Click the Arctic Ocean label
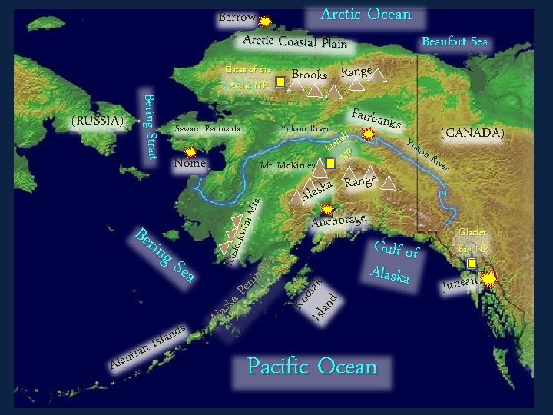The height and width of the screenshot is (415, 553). coord(366,15)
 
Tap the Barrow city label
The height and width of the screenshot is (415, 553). coord(237,17)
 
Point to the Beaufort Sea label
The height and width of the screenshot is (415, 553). coord(455,41)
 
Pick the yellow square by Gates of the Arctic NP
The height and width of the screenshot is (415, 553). coord(281,81)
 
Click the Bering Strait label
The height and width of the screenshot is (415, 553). coord(151,126)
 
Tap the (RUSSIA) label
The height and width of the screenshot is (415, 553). coord(97,121)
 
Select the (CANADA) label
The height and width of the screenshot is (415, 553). coord(472,133)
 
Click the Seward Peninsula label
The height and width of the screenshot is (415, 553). coord(207,128)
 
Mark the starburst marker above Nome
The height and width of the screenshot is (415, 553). coord(191,153)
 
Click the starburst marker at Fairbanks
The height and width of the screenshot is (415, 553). coord(369,134)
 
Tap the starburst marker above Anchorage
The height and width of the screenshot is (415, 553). coord(328,208)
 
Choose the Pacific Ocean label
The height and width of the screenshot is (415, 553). coord(313,367)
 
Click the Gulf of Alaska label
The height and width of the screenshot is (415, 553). coord(396,261)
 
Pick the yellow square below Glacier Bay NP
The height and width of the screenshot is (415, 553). coord(472,263)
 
